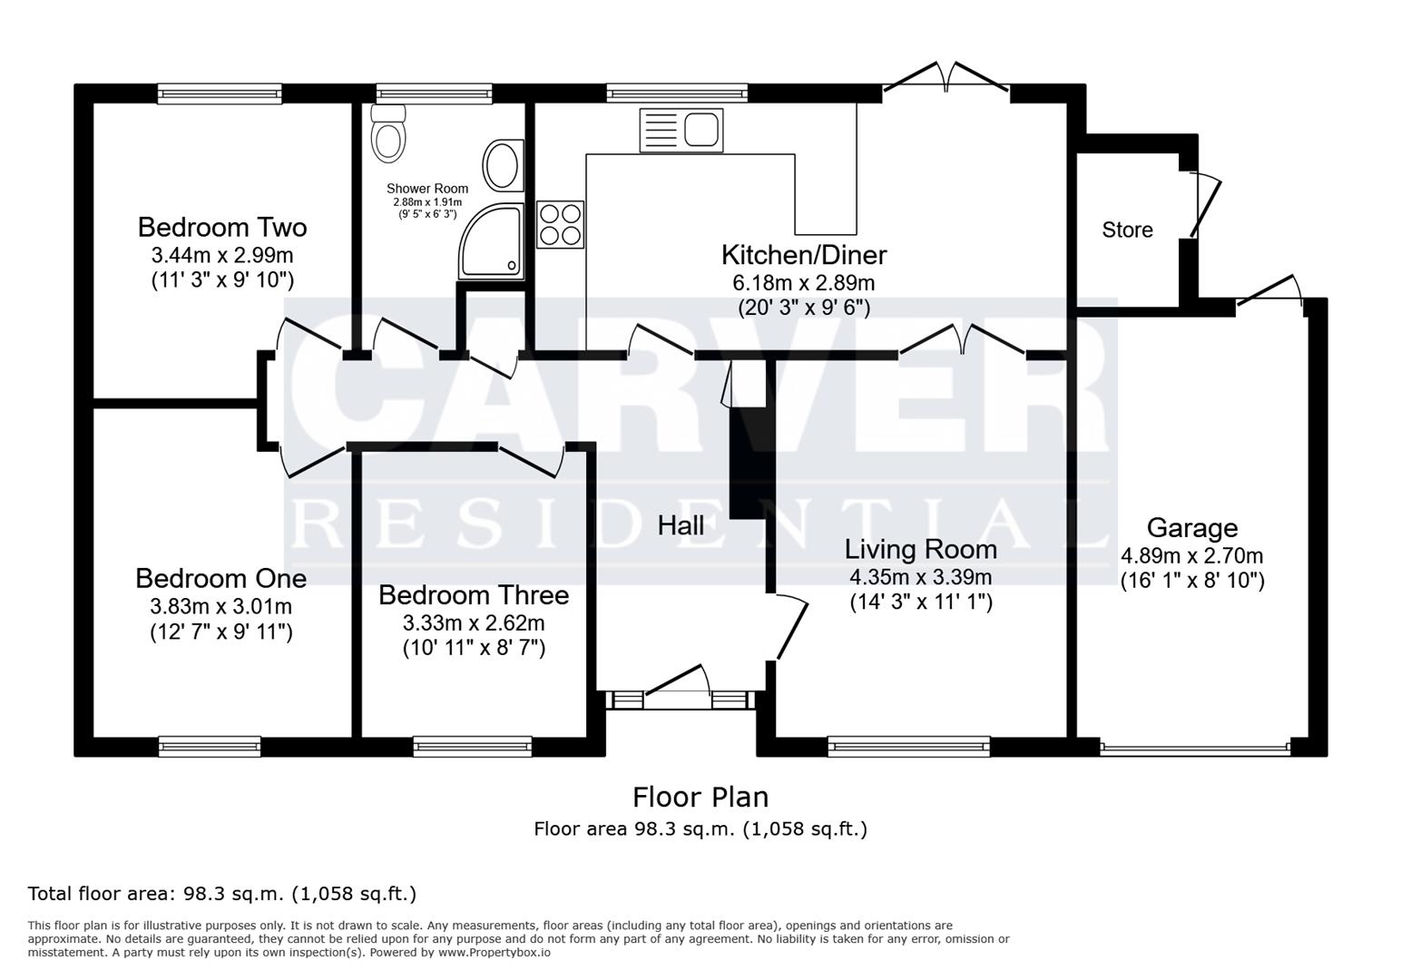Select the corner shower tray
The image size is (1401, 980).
(x=493, y=241)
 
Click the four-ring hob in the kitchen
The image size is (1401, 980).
(x=560, y=224)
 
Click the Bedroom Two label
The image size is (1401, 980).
(x=222, y=227)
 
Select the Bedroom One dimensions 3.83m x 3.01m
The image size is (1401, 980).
(x=220, y=605)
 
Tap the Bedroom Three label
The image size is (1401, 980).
(x=474, y=595)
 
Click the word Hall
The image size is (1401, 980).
(x=681, y=525)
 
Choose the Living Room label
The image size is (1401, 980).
(x=920, y=549)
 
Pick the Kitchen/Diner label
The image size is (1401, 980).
(x=804, y=255)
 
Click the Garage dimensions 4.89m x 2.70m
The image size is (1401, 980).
(x=1191, y=555)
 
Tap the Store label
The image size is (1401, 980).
(x=1127, y=230)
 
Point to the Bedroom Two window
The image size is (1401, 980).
(x=220, y=92)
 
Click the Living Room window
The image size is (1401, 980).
(x=908, y=747)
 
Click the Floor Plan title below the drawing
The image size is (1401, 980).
(x=700, y=798)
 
